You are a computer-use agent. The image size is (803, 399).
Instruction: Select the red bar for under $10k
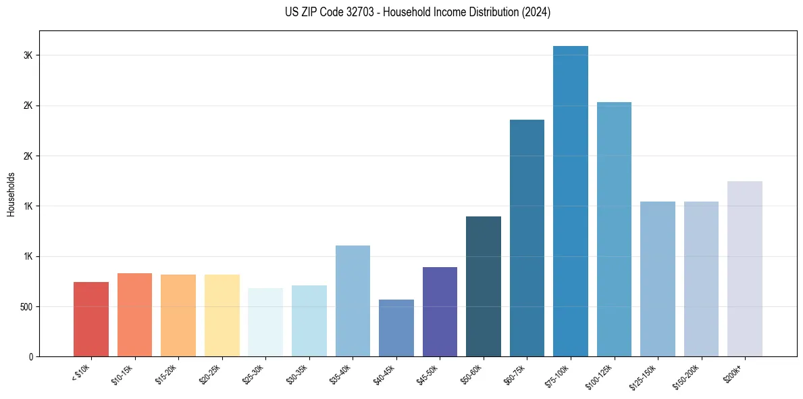tap(91, 319)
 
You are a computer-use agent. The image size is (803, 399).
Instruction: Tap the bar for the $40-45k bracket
tap(396, 328)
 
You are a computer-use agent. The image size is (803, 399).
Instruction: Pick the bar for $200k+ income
tap(745, 268)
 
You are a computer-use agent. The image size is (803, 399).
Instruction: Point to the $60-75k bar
tap(527, 238)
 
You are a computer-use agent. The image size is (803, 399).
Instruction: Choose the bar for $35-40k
tap(353, 301)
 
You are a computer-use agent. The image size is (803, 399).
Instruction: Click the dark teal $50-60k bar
tap(484, 286)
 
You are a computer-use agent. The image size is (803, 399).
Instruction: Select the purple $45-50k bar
tap(440, 312)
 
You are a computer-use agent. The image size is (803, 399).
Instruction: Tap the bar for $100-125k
tap(614, 229)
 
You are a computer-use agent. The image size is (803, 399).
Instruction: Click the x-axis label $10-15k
tap(122, 374)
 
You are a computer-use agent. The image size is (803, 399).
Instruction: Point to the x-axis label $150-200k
tap(685, 376)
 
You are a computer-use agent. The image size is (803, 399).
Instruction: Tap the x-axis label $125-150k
tap(642, 376)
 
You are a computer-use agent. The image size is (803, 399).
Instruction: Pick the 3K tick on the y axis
tap(28, 55)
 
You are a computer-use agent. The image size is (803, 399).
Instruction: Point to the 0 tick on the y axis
tap(31, 356)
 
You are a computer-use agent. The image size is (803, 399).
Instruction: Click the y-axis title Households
tap(11, 194)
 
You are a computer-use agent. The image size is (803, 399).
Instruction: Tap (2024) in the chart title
tap(536, 12)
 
